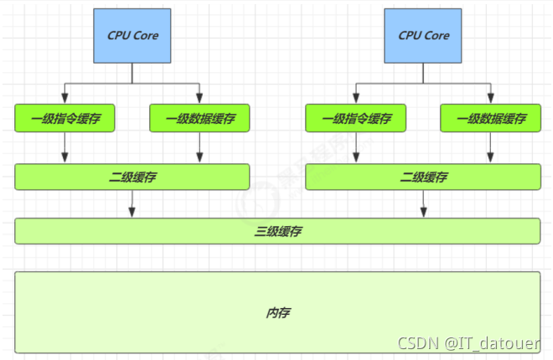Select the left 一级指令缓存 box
click(65, 119)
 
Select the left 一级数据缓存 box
click(199, 119)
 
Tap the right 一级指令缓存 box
click(355, 119)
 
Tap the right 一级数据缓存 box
click(490, 119)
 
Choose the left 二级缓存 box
click(132, 177)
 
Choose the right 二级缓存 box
click(422, 177)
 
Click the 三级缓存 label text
click(276, 231)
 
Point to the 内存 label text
click(277, 312)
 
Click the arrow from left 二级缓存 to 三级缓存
click(132, 203)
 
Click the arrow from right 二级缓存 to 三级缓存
click(423, 203)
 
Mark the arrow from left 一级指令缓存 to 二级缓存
click(65, 148)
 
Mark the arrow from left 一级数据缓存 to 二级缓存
click(199, 148)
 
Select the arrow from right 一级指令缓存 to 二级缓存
click(355, 148)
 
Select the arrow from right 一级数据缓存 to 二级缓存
click(490, 148)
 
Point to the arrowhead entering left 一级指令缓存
click(65, 101)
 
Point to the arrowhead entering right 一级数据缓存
click(490, 101)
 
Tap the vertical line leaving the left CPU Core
click(132, 74)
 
